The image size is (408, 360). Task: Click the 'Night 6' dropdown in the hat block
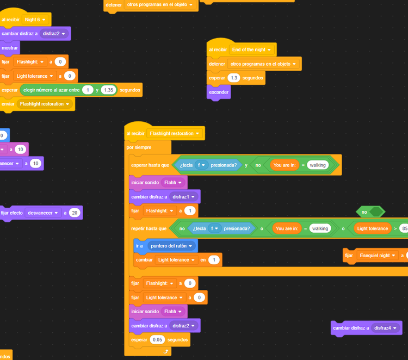click(x=35, y=20)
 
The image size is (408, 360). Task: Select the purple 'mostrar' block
click(x=9, y=48)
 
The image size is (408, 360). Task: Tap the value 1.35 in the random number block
click(x=109, y=90)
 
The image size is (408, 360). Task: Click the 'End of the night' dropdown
click(x=251, y=49)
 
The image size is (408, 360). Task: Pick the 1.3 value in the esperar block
click(x=234, y=78)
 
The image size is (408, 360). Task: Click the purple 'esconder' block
click(x=219, y=92)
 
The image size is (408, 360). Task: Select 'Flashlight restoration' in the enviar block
click(x=45, y=104)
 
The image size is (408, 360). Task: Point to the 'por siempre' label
click(x=139, y=147)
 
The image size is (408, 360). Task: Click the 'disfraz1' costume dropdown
click(x=182, y=196)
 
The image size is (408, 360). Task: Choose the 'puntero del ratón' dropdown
click(x=171, y=246)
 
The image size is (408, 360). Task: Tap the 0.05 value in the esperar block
click(x=158, y=340)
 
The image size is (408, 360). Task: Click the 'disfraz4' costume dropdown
click(x=386, y=328)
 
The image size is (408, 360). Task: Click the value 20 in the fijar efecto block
click(x=75, y=213)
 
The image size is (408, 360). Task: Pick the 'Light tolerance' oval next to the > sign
click(x=373, y=228)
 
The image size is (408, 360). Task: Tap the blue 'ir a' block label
click(x=140, y=246)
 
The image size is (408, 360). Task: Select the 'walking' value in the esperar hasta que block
click(x=318, y=165)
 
